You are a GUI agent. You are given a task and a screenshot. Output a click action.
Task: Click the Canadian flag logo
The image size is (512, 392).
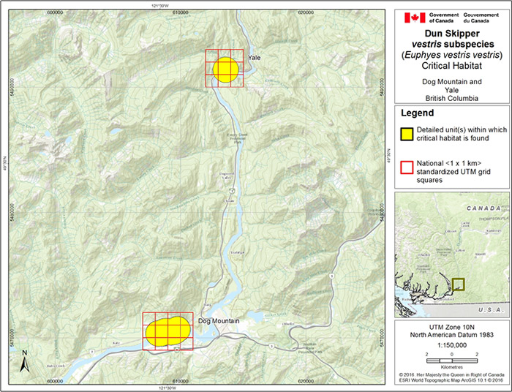[x=408, y=17]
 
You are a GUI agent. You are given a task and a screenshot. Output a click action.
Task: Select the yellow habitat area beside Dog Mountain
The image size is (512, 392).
[x=167, y=331]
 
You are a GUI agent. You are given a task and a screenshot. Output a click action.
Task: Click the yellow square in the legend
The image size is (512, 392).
[x=407, y=133]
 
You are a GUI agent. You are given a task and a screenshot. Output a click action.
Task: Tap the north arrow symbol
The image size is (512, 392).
[x=24, y=361]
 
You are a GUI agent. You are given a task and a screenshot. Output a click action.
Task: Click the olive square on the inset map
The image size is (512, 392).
[x=459, y=284]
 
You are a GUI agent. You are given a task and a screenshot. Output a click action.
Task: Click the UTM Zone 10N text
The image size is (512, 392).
[x=451, y=327]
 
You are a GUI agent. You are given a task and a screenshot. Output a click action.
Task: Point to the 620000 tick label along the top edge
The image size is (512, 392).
[x=308, y=12]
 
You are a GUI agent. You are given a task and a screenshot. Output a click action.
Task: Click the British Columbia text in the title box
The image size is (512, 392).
[x=452, y=97]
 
